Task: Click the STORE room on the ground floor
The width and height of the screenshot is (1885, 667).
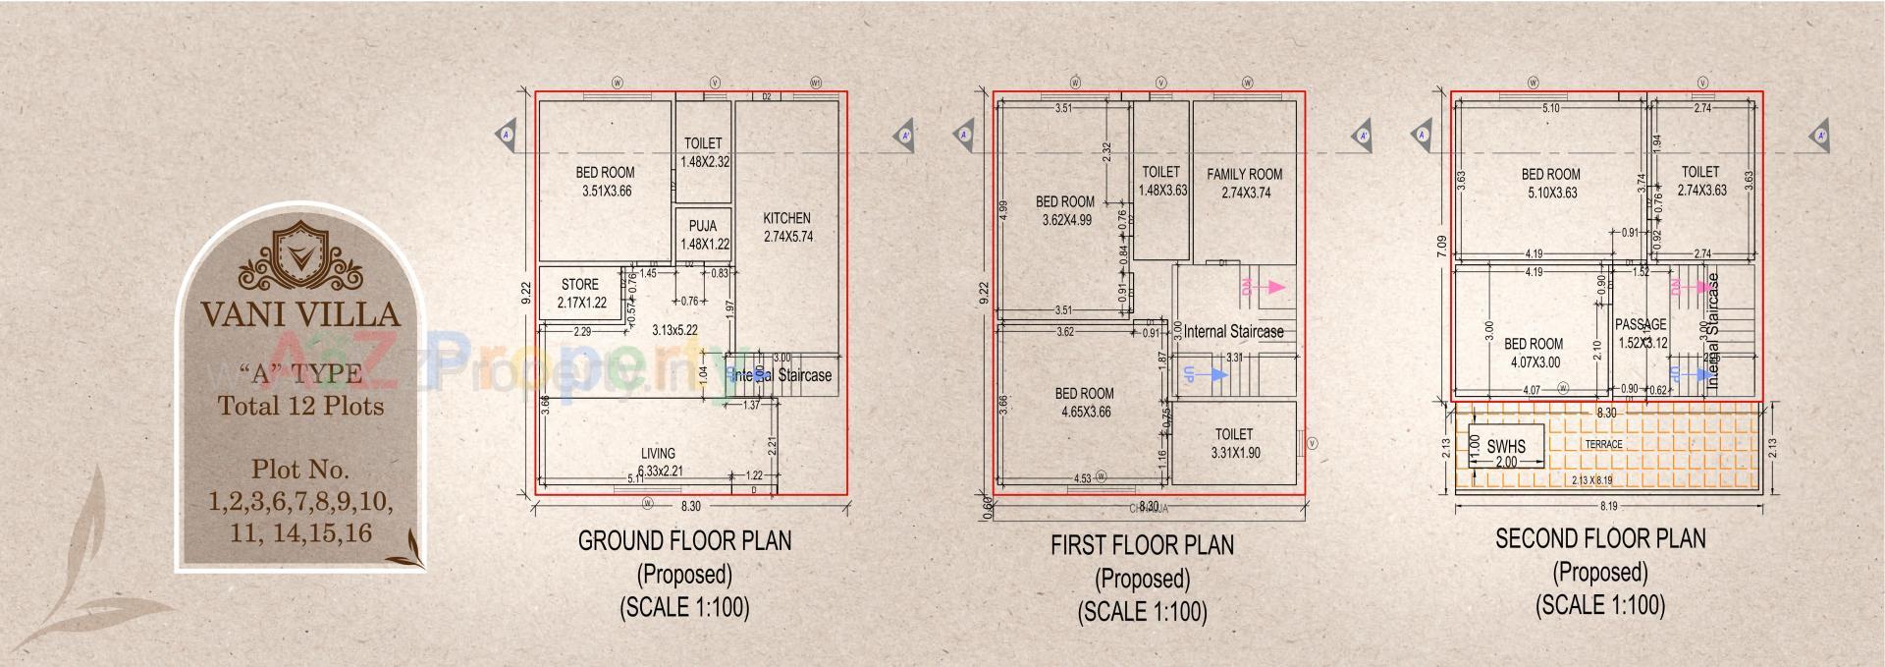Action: point(580,293)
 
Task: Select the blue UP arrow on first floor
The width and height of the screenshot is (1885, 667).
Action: point(1206,374)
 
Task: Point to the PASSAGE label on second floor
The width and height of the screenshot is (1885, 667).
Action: point(1641,324)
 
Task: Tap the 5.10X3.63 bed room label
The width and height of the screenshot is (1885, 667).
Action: point(1551,184)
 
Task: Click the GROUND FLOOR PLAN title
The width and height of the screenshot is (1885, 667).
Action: point(684,540)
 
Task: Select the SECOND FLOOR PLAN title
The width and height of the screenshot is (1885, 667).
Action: point(1600,538)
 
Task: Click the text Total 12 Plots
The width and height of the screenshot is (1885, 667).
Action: point(300,406)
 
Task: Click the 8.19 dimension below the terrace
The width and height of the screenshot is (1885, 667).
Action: point(1608,507)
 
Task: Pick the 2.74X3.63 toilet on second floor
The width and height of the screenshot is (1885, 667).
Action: point(1701,181)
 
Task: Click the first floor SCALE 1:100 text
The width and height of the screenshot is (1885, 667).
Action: point(1142,612)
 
